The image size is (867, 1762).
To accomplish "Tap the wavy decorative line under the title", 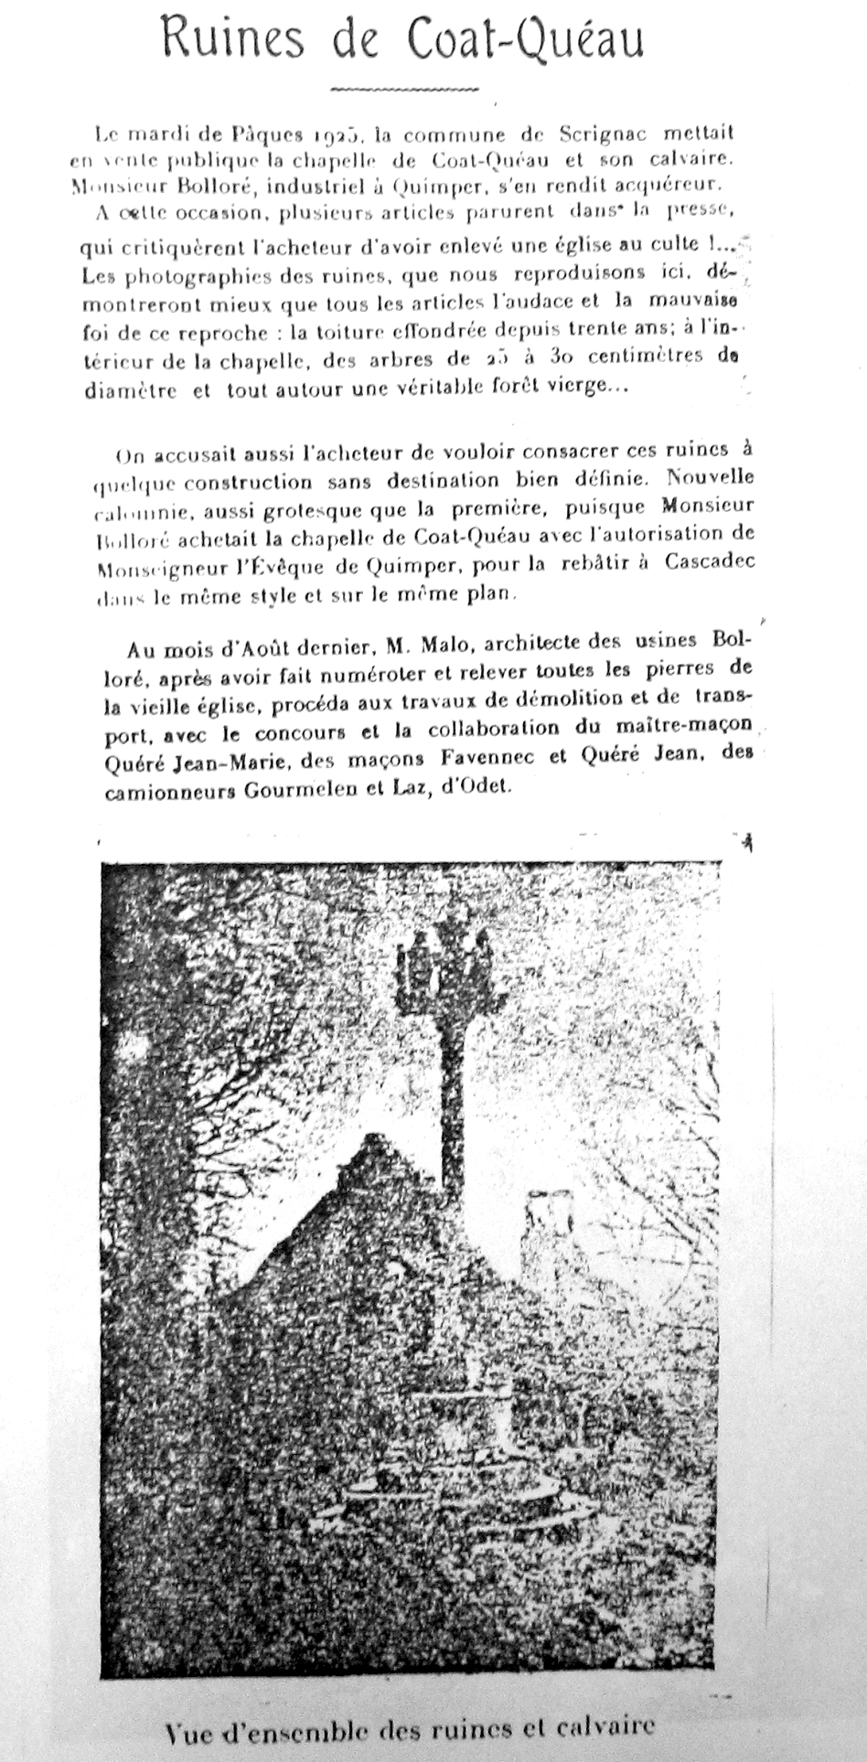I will [403, 90].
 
